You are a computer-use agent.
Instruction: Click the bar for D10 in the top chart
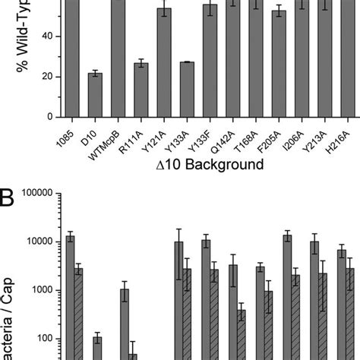coord(95,95)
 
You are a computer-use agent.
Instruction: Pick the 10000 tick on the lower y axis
coord(34,242)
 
